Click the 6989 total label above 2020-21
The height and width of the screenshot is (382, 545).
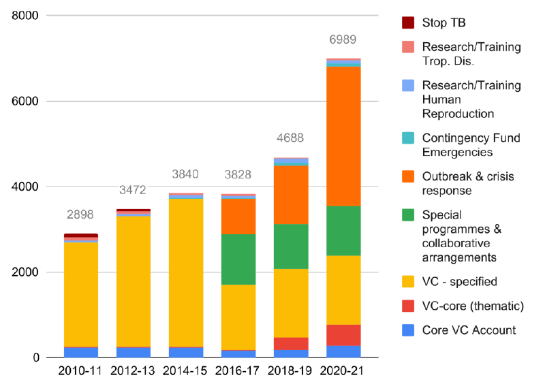pyautogui.click(x=343, y=40)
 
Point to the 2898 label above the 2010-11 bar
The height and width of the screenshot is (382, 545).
pyautogui.click(x=80, y=215)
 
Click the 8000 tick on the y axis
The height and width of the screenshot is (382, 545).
pyautogui.click(x=25, y=16)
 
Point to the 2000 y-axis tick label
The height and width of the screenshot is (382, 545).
pyautogui.click(x=25, y=272)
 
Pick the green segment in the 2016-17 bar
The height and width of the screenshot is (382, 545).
pyautogui.click(x=238, y=259)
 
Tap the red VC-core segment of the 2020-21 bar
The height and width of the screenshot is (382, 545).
pyautogui.click(x=343, y=335)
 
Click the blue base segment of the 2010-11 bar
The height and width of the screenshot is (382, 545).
pyautogui.click(x=80, y=352)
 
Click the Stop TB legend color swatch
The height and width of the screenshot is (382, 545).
pyautogui.click(x=408, y=22)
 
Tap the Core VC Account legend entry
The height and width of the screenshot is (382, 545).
pyautogui.click(x=469, y=330)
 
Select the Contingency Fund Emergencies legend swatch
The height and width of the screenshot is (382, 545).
pyautogui.click(x=408, y=138)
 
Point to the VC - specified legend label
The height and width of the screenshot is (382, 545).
pyautogui.click(x=459, y=281)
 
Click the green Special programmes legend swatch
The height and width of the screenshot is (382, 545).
pyautogui.click(x=408, y=215)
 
